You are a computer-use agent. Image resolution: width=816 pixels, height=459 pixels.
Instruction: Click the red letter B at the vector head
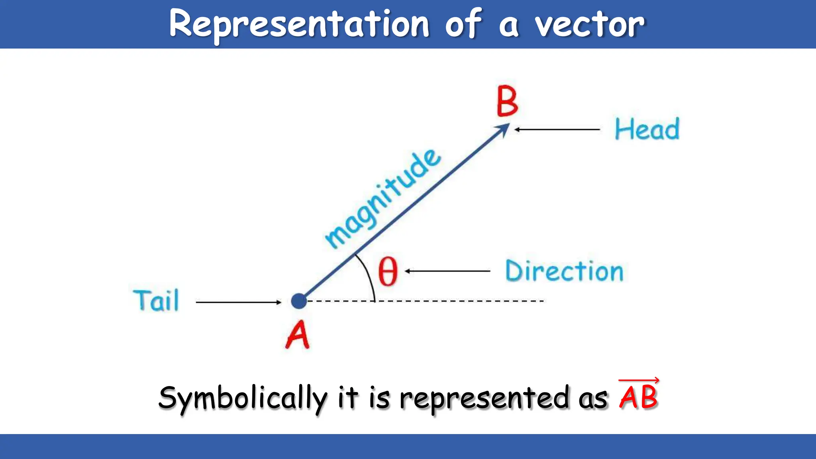click(507, 102)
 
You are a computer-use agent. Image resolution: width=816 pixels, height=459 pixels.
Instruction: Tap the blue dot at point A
click(299, 301)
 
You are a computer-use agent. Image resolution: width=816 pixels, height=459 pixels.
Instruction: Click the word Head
click(647, 129)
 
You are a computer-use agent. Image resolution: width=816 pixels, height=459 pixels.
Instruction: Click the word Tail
click(156, 300)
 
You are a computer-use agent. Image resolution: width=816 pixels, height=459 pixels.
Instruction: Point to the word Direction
click(564, 271)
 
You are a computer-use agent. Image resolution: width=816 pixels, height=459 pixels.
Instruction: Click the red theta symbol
click(388, 271)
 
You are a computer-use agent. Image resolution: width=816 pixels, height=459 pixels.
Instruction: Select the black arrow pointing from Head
click(557, 129)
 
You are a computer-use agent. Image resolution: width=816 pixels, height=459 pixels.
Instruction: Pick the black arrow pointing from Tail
click(238, 302)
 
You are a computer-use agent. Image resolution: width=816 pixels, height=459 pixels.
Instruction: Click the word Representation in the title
click(299, 24)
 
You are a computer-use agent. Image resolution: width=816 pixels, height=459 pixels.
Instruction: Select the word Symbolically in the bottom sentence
click(243, 398)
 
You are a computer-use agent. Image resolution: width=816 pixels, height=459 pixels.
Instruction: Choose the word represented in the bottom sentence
click(484, 397)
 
